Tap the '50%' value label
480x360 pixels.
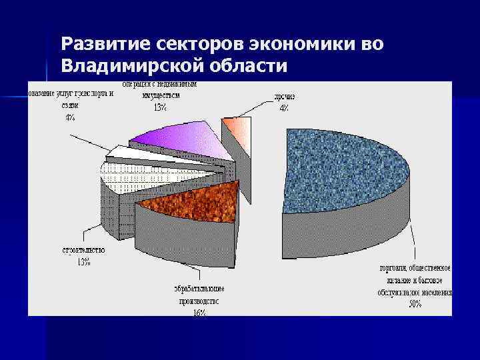click(x=415, y=304)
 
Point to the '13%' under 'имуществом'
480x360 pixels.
click(x=160, y=107)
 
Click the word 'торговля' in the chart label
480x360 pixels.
click(x=393, y=269)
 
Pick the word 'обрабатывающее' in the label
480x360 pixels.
click(x=199, y=289)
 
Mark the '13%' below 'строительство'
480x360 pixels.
click(x=83, y=261)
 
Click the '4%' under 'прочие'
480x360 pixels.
click(x=284, y=109)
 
